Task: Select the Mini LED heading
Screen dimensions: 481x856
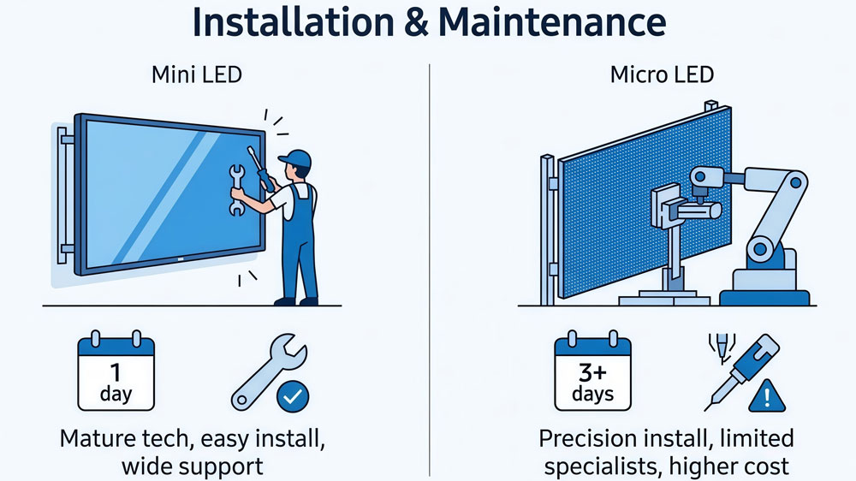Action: (x=197, y=74)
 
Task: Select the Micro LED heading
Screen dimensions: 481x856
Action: (x=662, y=74)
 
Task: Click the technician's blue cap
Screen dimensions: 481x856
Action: (x=295, y=158)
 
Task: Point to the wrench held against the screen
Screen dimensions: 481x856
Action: (x=237, y=189)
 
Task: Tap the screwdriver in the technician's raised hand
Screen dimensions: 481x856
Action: (x=259, y=168)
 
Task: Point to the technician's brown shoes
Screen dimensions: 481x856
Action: (x=295, y=300)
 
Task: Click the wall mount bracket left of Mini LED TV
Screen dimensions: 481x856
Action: (x=62, y=193)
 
